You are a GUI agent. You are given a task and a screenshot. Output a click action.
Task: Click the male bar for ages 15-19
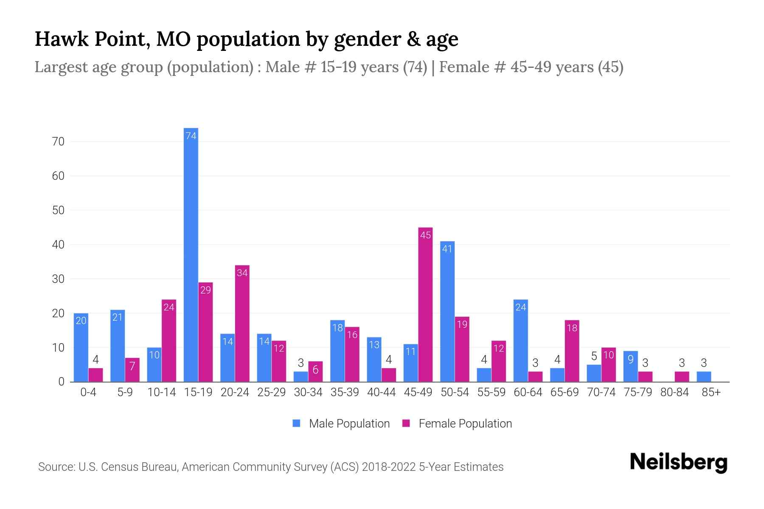click(191, 255)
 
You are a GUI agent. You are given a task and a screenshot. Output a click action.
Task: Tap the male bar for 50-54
click(447, 312)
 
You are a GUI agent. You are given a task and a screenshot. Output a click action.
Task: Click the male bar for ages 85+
click(704, 377)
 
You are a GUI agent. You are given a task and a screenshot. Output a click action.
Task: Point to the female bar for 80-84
click(682, 377)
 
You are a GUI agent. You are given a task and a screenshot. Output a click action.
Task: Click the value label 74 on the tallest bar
click(191, 136)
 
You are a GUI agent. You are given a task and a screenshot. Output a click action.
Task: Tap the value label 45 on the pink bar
click(425, 235)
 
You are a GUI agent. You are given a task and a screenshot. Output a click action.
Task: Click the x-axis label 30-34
click(308, 392)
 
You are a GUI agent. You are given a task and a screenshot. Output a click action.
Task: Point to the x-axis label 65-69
click(565, 392)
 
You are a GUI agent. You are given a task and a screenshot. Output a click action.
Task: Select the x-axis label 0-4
click(88, 392)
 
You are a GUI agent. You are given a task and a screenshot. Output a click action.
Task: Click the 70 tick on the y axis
click(58, 142)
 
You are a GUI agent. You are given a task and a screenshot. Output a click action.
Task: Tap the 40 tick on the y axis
click(58, 245)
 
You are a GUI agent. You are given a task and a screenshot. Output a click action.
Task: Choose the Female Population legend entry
click(457, 423)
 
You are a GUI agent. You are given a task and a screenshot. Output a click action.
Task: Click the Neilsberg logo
click(678, 462)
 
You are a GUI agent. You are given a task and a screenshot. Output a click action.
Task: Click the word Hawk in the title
click(62, 39)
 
